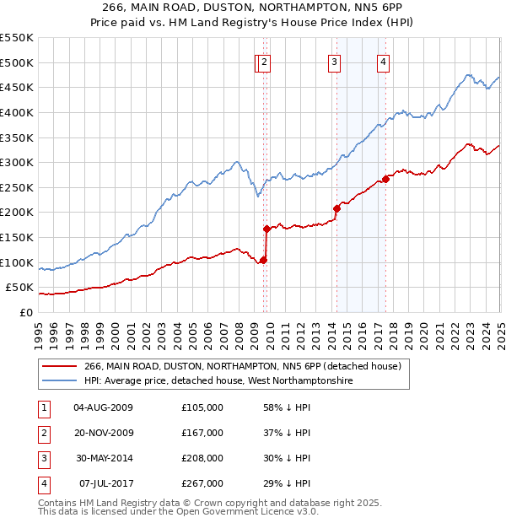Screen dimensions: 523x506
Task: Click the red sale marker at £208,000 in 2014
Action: pos(336,208)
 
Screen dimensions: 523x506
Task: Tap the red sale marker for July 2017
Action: pos(385,179)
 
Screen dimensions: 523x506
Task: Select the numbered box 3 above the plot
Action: pos(334,61)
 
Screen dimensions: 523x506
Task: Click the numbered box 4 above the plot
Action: pos(383,61)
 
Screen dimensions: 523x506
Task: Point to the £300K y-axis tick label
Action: pos(17,162)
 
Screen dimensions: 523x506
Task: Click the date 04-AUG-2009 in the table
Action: pos(104,407)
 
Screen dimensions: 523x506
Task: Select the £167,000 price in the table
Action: pos(202,433)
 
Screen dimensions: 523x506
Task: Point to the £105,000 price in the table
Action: pos(202,407)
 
